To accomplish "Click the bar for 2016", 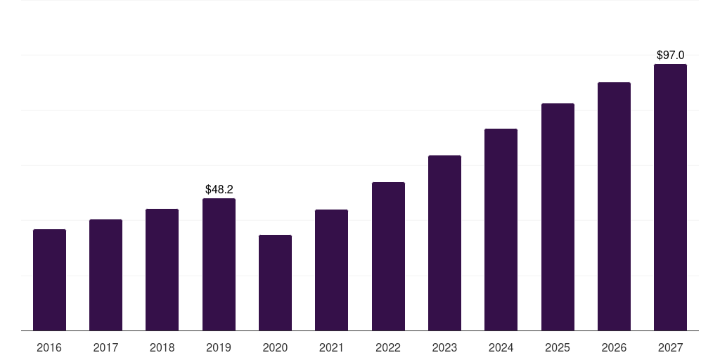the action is pos(50,280).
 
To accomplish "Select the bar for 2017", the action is pos(105,275).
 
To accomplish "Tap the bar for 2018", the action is pos(162,269).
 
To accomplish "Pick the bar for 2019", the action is pos(219,264).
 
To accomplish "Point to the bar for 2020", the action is pos(275,283).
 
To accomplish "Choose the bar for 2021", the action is pos(332,270).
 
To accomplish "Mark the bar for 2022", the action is pos(388,256).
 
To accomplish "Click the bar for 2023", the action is pos(444,243).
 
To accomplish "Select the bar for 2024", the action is pos(501,230).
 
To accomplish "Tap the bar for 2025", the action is pos(558,217).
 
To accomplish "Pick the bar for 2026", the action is pos(614,207).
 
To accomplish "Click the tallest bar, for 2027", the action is pos(670,198).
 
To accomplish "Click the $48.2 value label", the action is pos(219,189).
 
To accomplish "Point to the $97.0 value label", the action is pos(670,55).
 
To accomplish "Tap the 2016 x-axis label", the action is pos(49,347).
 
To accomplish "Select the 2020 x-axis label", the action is pos(275,347).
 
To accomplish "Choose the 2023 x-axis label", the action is pos(444,347).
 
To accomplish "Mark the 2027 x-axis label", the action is pos(670,347).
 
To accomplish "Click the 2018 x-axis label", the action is pos(162,347).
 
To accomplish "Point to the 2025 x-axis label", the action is pos(558,347).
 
